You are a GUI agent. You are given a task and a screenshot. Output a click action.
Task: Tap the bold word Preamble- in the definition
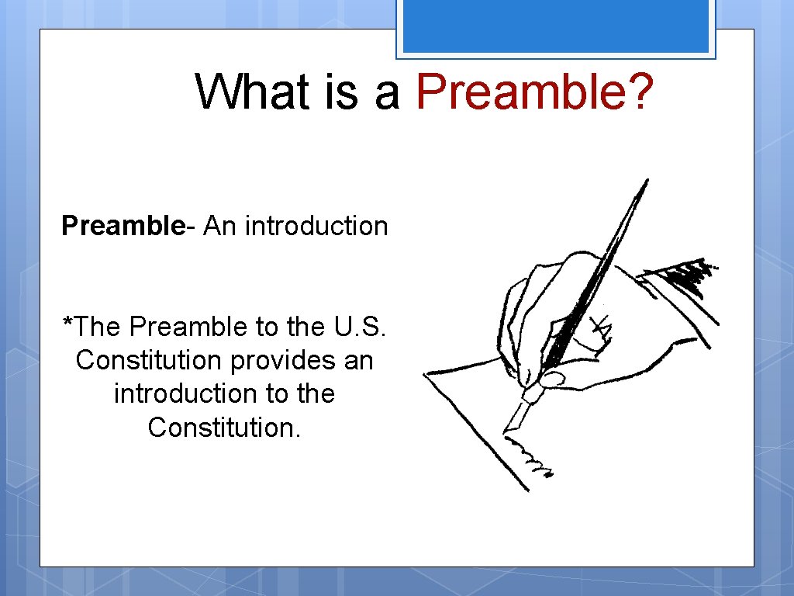click(x=124, y=226)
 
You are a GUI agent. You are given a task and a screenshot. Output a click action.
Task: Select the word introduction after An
click(x=316, y=226)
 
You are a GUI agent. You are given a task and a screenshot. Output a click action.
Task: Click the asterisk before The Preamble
click(x=67, y=322)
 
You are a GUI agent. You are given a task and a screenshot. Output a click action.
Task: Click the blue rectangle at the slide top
click(x=555, y=26)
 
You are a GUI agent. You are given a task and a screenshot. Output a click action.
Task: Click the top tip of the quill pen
click(x=645, y=182)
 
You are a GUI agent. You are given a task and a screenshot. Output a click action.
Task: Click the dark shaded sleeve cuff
click(x=682, y=275)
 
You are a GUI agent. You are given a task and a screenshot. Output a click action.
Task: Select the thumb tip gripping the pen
click(x=552, y=379)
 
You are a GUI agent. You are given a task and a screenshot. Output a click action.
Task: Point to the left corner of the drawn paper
click(x=426, y=376)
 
